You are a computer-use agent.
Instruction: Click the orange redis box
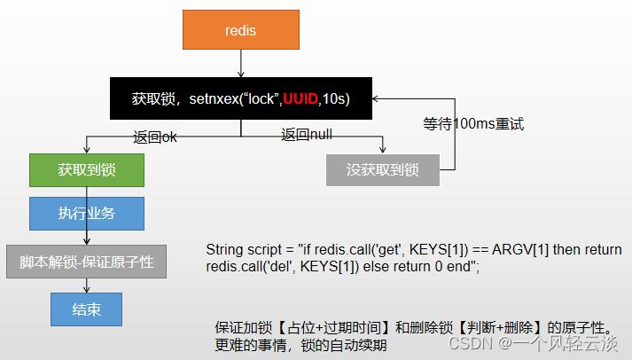(241, 30)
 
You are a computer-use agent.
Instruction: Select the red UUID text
(300, 98)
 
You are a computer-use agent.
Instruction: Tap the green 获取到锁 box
(87, 169)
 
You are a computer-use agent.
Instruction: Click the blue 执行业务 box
(87, 214)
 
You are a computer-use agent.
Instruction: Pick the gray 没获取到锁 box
(383, 169)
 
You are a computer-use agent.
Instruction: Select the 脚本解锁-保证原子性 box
(86, 262)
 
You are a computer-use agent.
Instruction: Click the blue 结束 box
(86, 309)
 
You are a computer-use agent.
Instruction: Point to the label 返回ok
(155, 137)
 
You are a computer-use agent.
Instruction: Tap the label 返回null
(307, 134)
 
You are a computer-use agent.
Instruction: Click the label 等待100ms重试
(473, 124)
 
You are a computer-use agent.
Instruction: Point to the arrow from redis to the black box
(241, 63)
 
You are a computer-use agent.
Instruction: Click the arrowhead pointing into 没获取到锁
(382, 150)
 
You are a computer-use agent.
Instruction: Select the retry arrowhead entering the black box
(376, 98)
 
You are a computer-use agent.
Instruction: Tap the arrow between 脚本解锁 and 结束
(86, 286)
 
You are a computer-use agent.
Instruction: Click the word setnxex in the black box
(214, 98)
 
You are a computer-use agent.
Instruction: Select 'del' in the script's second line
(278, 267)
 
